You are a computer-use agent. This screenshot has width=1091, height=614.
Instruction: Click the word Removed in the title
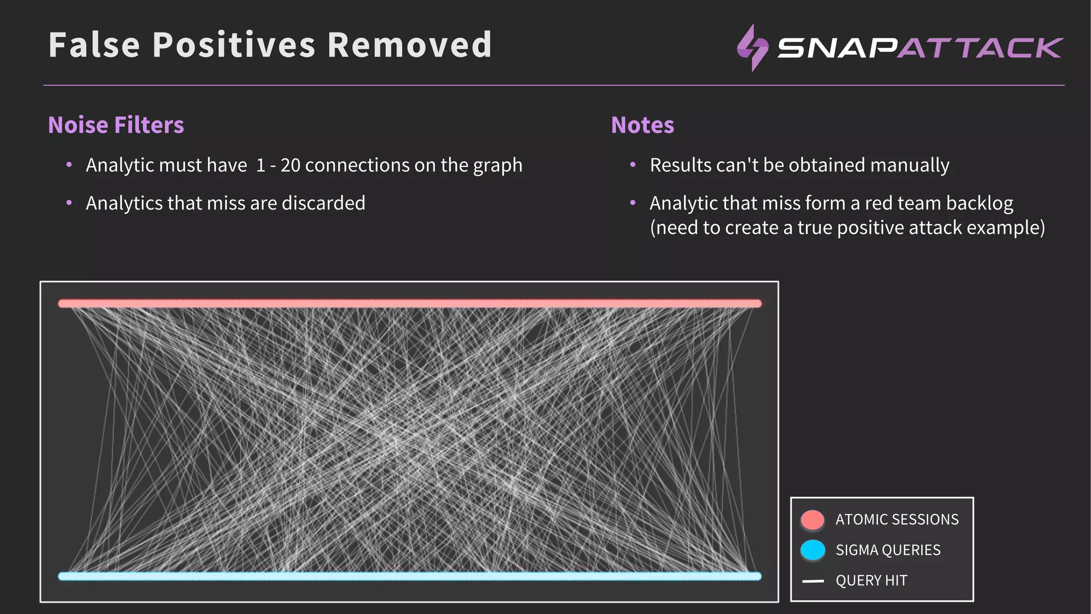pos(409,45)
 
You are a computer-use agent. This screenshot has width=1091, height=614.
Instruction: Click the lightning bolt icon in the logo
pos(752,47)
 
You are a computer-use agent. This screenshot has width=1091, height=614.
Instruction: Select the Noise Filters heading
pos(116,125)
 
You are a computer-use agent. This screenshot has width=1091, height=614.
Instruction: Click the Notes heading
pos(642,125)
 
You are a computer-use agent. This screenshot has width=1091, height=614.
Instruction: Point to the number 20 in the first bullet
pos(290,165)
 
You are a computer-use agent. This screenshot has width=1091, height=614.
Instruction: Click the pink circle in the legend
pos(812,520)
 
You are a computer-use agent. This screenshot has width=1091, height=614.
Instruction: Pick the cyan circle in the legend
pos(812,550)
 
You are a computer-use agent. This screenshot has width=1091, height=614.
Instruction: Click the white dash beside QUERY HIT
pos(813,581)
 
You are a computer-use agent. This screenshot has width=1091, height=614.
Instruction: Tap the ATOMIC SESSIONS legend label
pos(897,520)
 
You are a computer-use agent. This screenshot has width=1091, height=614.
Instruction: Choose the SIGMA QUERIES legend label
pos(888,550)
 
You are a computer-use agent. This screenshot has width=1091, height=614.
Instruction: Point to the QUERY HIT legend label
pos(871,580)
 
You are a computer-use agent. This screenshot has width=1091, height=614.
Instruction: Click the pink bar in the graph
pos(409,303)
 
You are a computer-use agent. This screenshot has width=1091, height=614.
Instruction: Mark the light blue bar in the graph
pos(409,576)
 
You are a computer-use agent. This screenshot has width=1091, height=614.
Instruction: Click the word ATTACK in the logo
pos(980,48)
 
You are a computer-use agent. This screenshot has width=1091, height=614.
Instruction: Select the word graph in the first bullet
pos(498,165)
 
